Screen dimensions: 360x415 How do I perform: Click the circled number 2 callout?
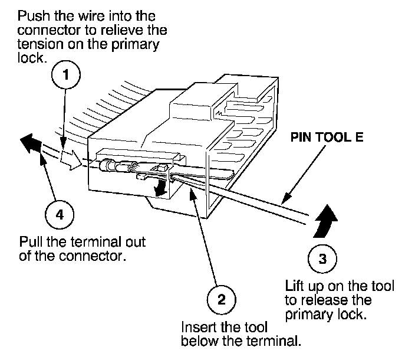tap(221, 299)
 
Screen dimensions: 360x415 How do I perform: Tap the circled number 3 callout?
tap(322, 258)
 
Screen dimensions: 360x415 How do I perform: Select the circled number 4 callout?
tap(58, 214)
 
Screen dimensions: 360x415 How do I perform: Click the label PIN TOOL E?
tap(325, 140)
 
